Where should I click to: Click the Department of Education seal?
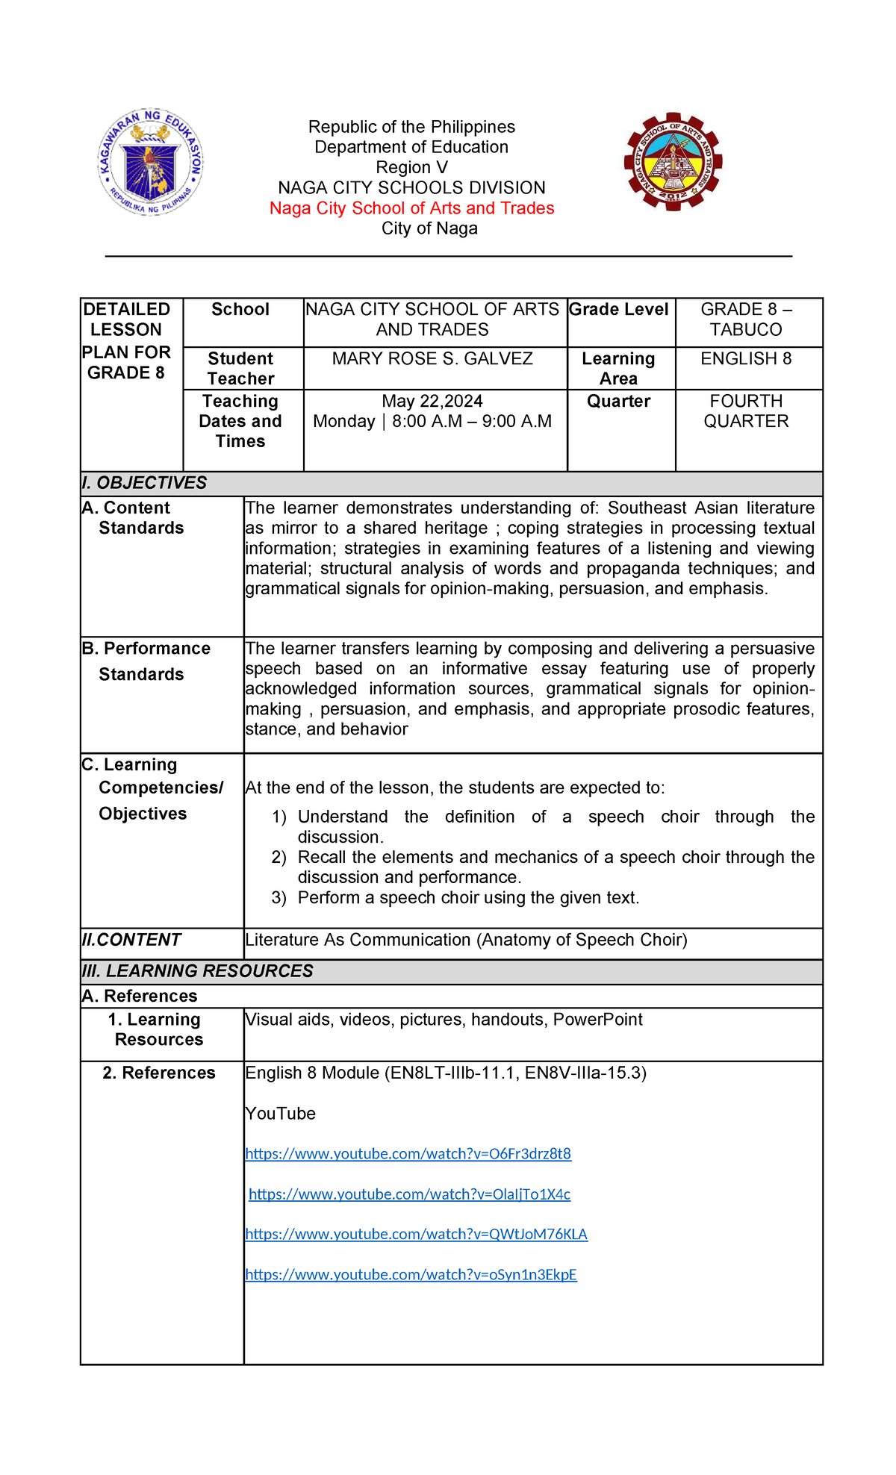click(x=150, y=162)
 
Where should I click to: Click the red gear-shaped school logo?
click(x=673, y=162)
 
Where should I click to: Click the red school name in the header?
click(x=411, y=208)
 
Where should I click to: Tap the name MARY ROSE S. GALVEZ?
click(x=432, y=359)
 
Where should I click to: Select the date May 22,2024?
click(x=432, y=402)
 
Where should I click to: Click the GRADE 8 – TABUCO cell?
click(x=746, y=319)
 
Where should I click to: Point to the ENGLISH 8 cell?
click(x=746, y=359)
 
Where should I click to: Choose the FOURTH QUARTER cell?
click(x=746, y=411)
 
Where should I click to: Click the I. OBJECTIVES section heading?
click(x=144, y=483)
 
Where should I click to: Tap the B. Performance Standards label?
click(x=146, y=661)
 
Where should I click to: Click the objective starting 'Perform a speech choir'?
click(x=468, y=898)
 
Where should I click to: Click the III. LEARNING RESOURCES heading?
click(x=198, y=971)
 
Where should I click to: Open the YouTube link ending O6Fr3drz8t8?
click(x=408, y=1154)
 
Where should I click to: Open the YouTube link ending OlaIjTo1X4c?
click(x=409, y=1194)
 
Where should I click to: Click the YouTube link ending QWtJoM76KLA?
click(x=416, y=1235)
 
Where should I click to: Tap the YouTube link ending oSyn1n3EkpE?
click(x=411, y=1275)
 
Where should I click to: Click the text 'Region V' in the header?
click(x=411, y=167)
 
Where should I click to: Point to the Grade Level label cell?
click(x=619, y=310)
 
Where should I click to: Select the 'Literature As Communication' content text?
click(x=466, y=940)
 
